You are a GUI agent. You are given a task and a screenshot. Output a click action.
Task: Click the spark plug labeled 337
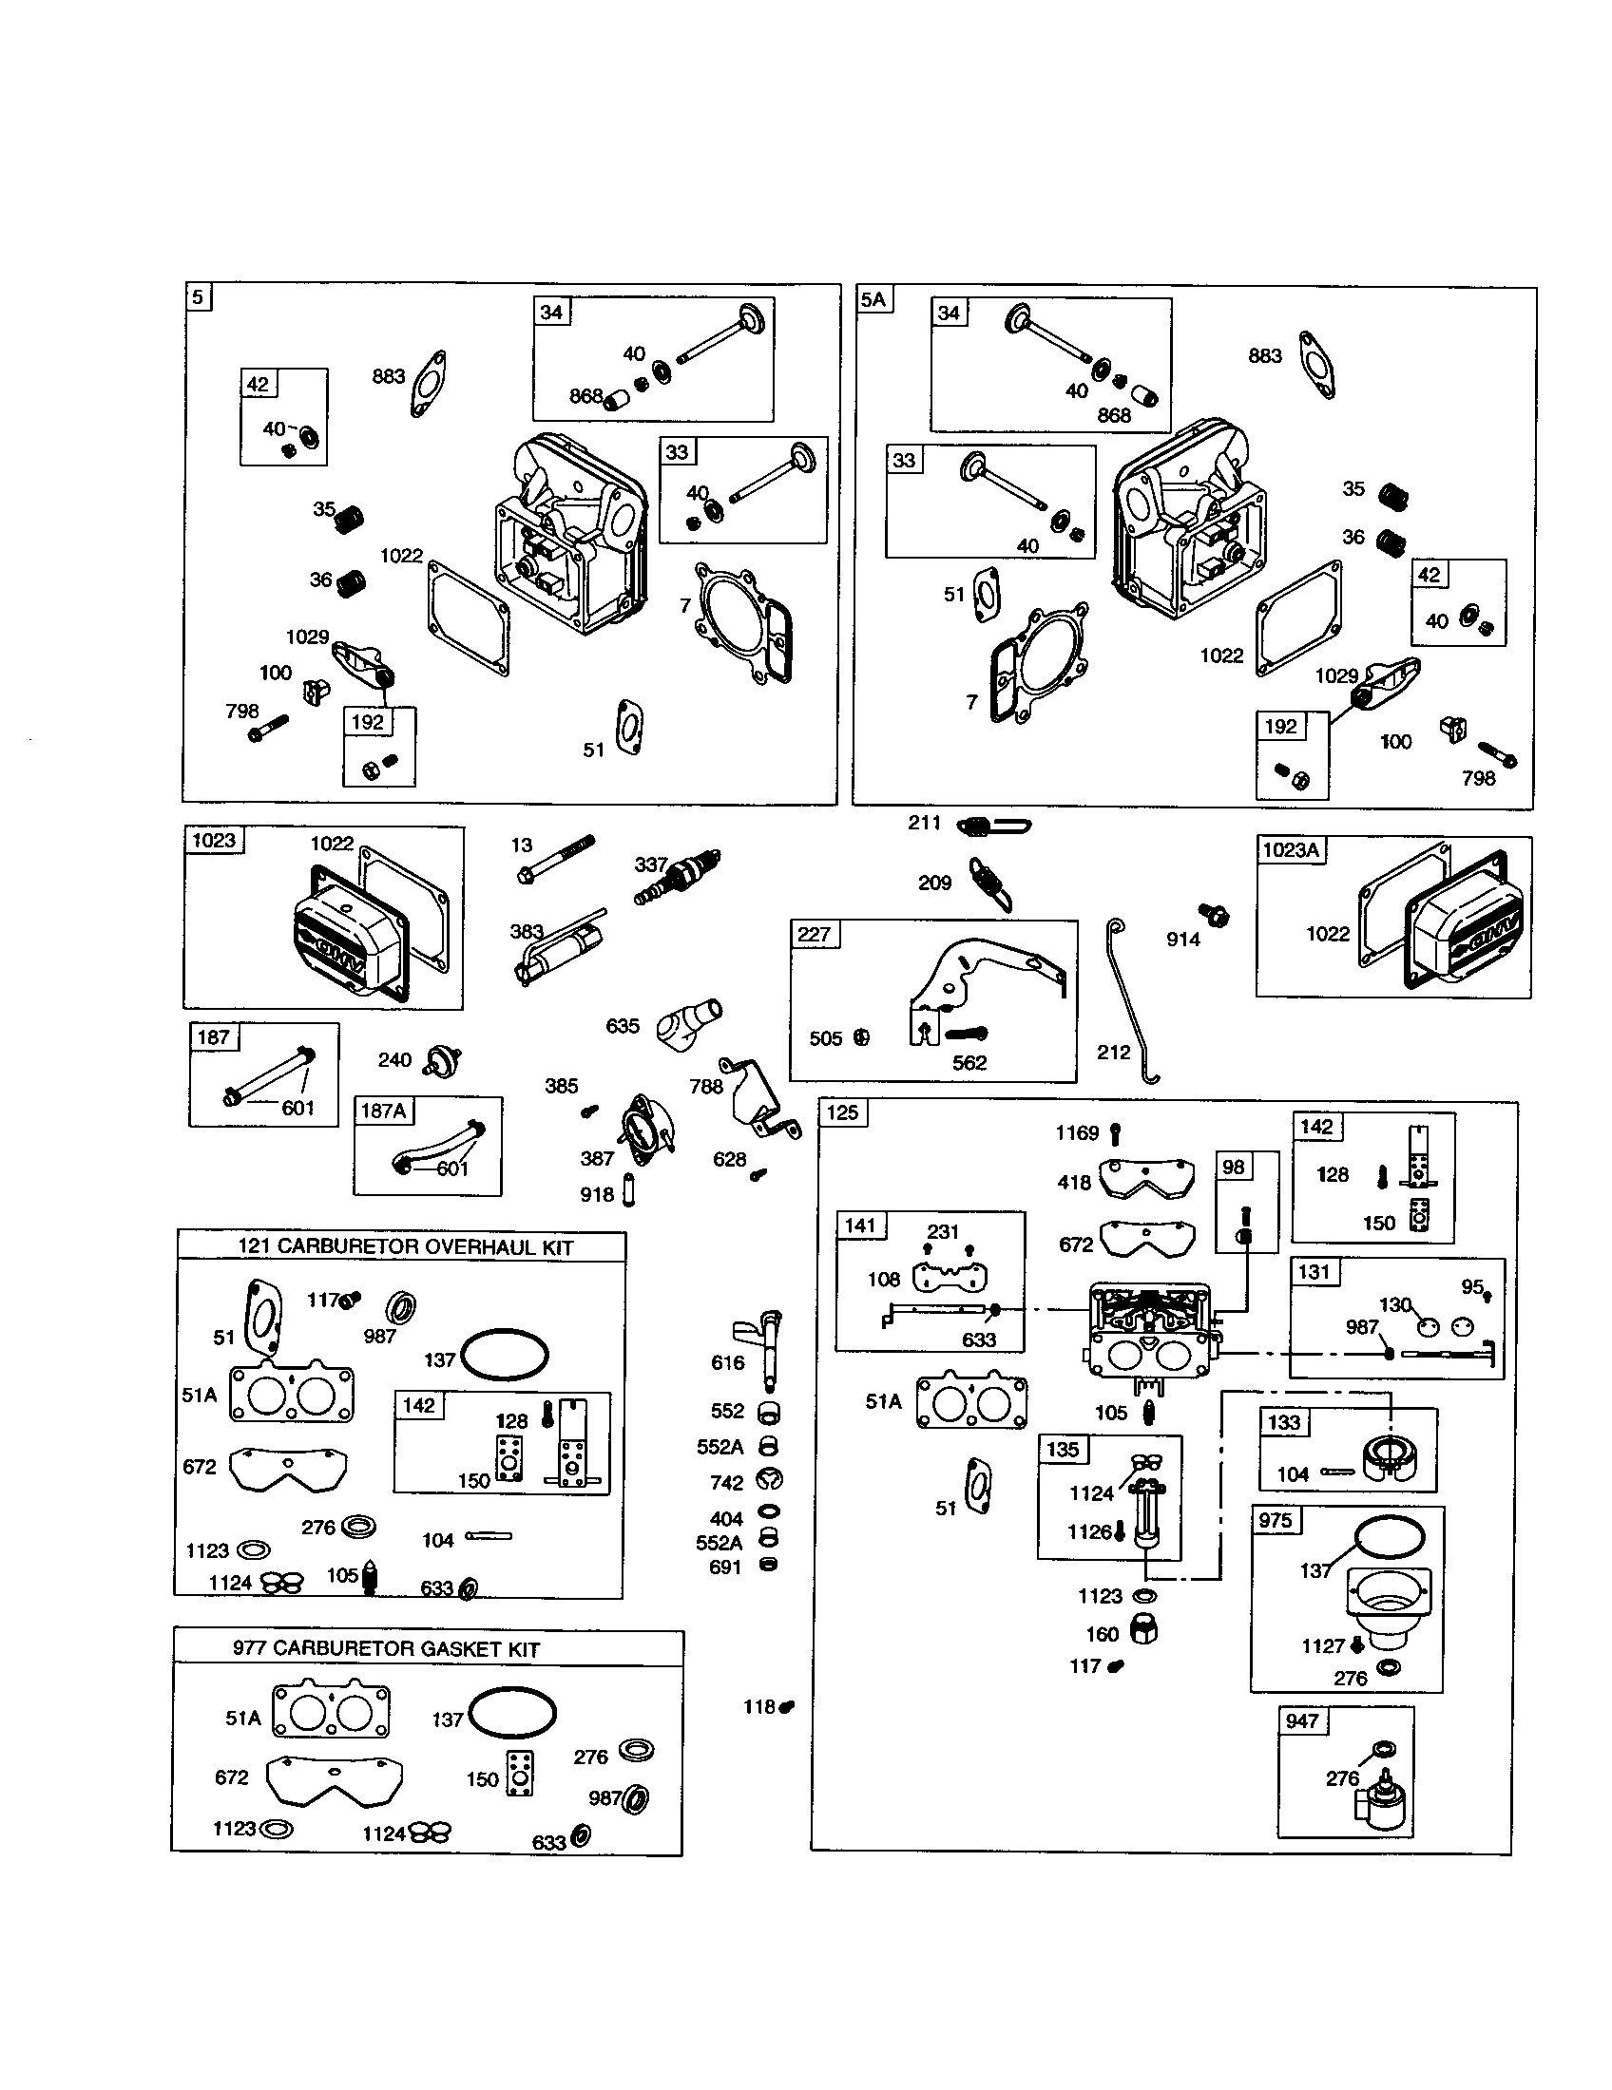click(x=678, y=877)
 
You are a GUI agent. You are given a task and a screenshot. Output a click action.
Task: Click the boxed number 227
click(x=815, y=934)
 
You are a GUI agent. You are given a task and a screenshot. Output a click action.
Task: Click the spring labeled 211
click(x=993, y=825)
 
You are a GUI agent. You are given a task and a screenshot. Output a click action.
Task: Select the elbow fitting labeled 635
click(x=688, y=1021)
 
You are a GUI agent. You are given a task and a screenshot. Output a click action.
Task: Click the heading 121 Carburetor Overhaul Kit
click(x=405, y=1248)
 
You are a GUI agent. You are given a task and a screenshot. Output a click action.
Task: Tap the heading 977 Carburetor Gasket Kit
click(x=386, y=1648)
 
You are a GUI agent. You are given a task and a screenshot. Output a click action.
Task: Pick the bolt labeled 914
click(x=1215, y=915)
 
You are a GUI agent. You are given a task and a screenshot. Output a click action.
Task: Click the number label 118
click(x=759, y=1706)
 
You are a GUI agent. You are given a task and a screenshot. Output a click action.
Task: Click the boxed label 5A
click(x=873, y=299)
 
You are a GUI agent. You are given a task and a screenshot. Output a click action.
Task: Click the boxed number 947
click(x=1303, y=1720)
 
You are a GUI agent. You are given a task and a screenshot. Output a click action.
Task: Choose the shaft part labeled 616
click(x=768, y=1349)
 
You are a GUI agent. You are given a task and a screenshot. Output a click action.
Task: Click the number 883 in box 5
click(x=388, y=376)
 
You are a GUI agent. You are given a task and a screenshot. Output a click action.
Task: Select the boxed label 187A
click(x=383, y=1110)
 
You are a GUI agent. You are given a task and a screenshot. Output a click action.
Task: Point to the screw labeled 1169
click(x=1116, y=1134)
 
